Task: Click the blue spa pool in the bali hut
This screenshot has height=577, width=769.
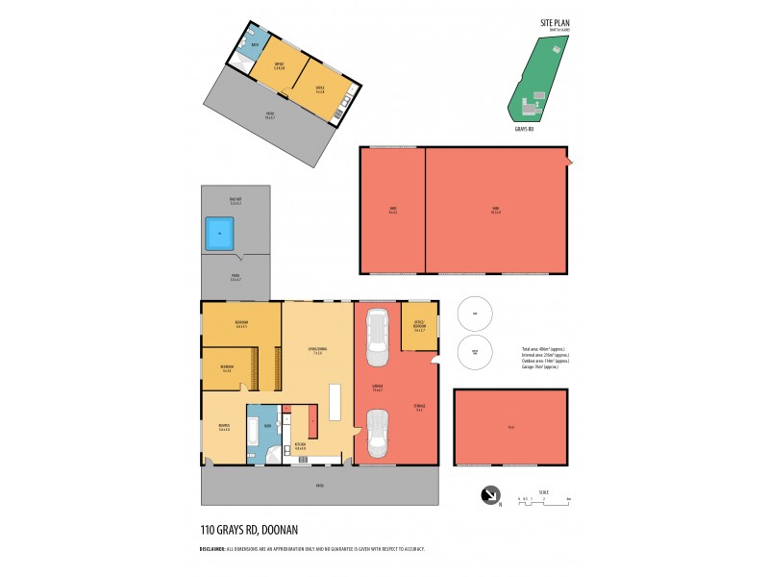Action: [220, 233]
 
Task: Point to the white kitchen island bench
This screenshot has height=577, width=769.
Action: [335, 402]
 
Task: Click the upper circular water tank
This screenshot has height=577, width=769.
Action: [474, 313]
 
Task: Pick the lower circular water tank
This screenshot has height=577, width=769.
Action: [474, 351]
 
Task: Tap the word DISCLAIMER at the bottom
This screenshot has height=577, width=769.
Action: [212, 549]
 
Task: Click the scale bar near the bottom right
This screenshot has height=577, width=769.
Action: [544, 499]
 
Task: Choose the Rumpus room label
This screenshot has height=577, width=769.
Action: [224, 427]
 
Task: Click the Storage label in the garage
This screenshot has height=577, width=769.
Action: [418, 408]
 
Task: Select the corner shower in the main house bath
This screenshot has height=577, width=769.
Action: [272, 456]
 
